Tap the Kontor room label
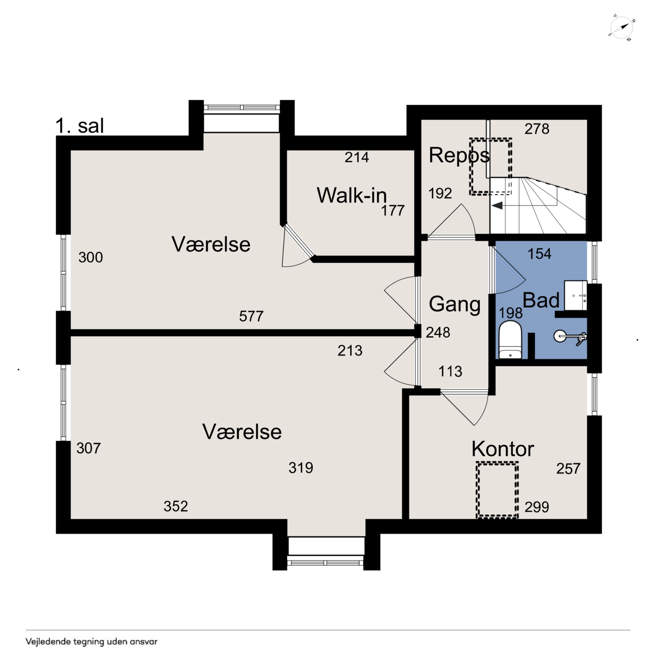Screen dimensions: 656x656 tap(503, 449)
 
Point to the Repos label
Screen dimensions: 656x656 tap(459, 155)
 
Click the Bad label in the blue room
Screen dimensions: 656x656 tap(541, 300)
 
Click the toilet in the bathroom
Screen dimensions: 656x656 tap(510, 340)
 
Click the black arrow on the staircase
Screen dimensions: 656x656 tap(497, 205)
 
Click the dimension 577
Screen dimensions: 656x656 tap(251, 316)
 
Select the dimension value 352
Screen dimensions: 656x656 tap(176, 506)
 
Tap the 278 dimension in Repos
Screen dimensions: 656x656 tap(537, 129)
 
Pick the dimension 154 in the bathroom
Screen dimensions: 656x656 tap(539, 254)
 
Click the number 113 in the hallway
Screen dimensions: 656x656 tap(450, 371)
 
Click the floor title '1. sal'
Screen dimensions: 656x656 tap(79, 126)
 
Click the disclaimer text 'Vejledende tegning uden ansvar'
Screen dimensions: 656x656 tap(91, 641)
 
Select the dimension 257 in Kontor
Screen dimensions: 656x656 tap(568, 469)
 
